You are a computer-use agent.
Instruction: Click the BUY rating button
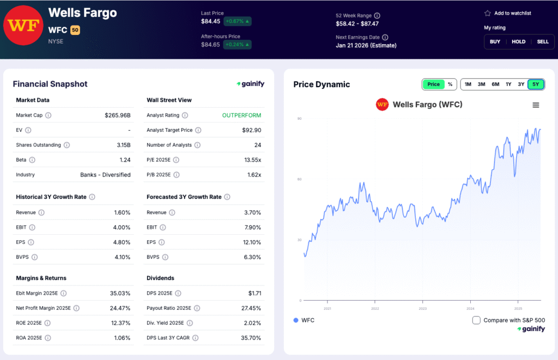495,41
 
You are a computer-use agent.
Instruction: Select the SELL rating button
543,41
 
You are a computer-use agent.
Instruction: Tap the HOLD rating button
518,41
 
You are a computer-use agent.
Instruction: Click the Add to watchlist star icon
488,13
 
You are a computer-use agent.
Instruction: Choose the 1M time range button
468,84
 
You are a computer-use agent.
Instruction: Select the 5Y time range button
536,84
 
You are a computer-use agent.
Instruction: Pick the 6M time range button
495,84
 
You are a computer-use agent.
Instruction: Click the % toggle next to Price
450,84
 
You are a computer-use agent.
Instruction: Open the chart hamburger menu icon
536,105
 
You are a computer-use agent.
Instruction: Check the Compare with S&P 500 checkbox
476,320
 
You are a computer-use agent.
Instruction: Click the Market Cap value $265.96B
118,115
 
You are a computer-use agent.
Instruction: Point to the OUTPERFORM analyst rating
241,115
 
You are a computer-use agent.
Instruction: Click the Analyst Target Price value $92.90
251,130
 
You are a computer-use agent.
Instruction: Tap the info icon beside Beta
32,160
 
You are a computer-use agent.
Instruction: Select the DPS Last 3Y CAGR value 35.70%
250,338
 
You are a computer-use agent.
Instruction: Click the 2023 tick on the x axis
423,308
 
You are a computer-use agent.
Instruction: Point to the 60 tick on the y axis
299,179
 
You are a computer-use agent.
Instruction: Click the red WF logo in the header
22,26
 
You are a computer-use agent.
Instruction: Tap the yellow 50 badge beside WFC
75,30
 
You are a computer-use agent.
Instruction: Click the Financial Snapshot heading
50,84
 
